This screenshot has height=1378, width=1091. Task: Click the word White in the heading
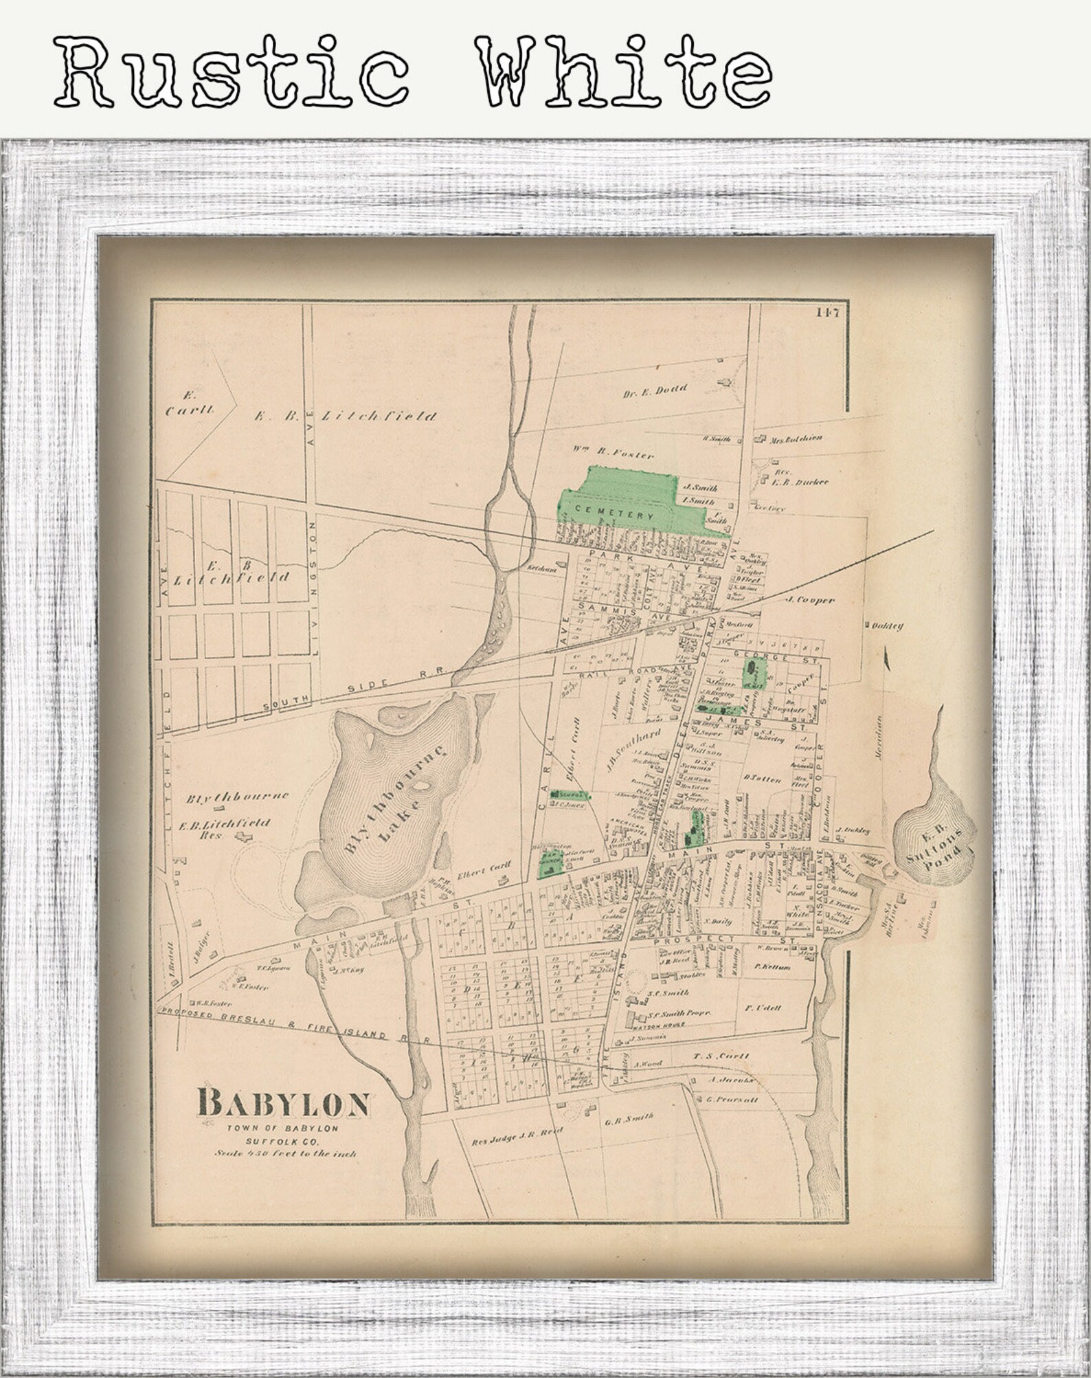[625, 71]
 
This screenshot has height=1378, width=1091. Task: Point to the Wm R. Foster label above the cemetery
[612, 454]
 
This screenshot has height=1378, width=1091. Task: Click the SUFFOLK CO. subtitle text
[284, 1141]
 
